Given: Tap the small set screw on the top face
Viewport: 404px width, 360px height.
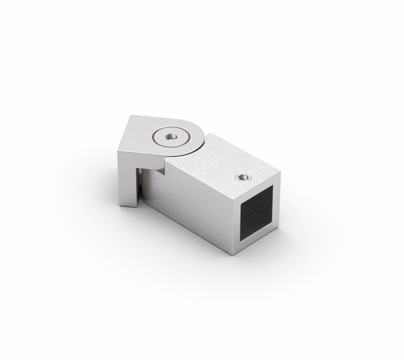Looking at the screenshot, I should (243, 178).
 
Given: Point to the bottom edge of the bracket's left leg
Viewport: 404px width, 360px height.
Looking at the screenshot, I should (128, 207).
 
